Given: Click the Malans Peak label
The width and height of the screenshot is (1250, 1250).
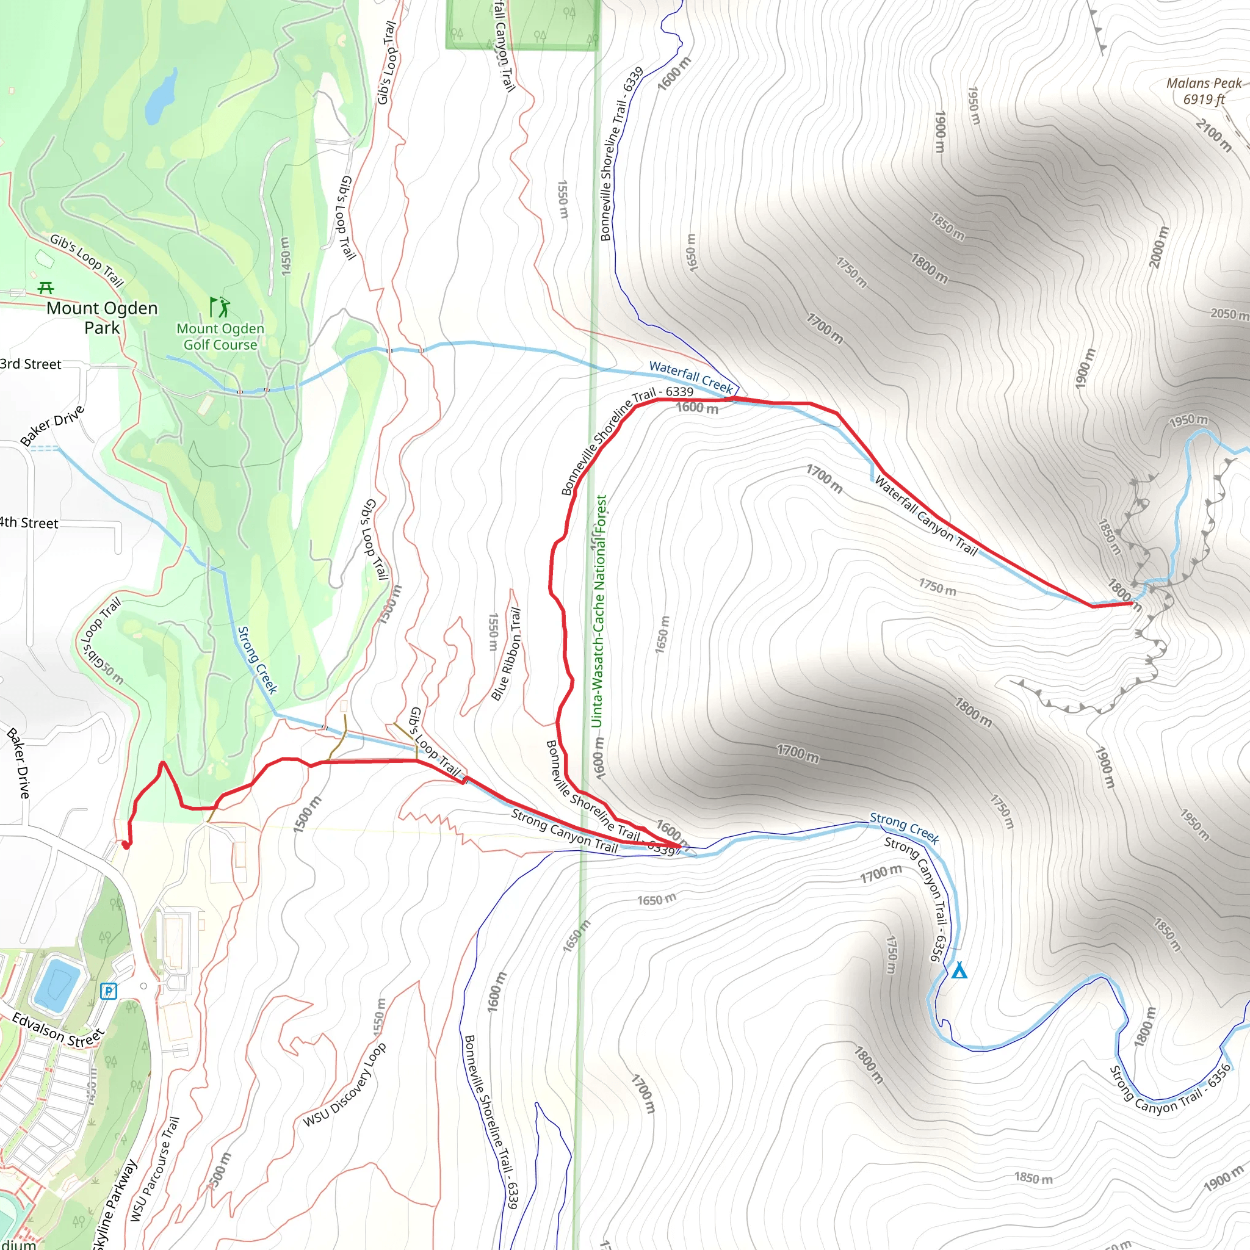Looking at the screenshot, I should pos(1204,90).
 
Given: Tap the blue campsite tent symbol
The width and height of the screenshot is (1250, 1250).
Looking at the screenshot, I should pos(959,970).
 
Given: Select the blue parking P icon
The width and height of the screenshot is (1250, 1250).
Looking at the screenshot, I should pos(109,991).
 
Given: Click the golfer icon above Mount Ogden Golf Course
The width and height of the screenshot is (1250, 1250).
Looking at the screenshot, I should pos(219,306).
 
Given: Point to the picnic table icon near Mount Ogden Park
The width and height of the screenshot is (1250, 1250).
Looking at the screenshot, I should pos(45,288).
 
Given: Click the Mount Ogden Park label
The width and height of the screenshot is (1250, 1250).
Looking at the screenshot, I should pos(102,317).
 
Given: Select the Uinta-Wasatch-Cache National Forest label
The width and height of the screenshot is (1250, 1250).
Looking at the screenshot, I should pos(600,611).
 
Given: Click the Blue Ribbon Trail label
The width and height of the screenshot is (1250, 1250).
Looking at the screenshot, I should pos(507,654).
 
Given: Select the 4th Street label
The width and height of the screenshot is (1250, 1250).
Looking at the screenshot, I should pos(29,523).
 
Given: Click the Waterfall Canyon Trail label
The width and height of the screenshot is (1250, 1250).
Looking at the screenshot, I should pos(926,516).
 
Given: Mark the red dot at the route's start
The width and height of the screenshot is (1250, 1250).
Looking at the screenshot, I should pos(126,844).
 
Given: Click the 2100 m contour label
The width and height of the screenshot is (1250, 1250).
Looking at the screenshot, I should pos(1214,134).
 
